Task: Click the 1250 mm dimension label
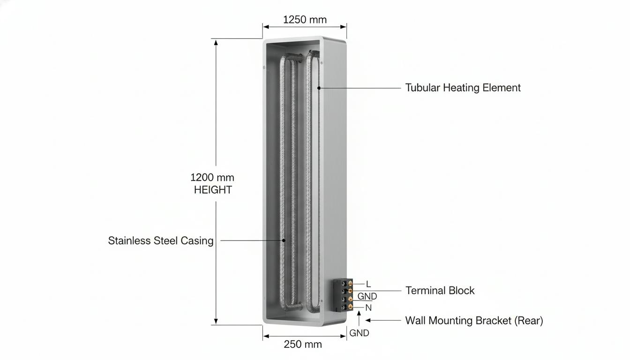tap(305, 20)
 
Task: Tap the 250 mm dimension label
tap(303, 344)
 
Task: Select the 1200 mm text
tap(212, 178)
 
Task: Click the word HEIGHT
tap(213, 190)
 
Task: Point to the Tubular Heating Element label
tap(463, 88)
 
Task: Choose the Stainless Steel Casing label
tap(161, 241)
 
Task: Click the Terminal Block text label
tap(440, 291)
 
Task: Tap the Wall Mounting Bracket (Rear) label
tap(474, 321)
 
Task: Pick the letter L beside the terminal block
tap(368, 284)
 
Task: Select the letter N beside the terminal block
tap(368, 307)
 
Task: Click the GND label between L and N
tap(367, 296)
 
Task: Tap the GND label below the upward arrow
tap(359, 333)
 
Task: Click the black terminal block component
tap(343, 295)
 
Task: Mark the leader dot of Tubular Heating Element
tap(319, 88)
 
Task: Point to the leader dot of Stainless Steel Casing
tap(284, 240)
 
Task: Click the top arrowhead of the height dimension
tap(216, 42)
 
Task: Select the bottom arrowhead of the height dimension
tap(216, 321)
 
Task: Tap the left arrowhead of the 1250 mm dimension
tap(266, 27)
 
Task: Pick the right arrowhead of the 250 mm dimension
tap(343, 336)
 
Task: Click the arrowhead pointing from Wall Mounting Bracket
tap(368, 320)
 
